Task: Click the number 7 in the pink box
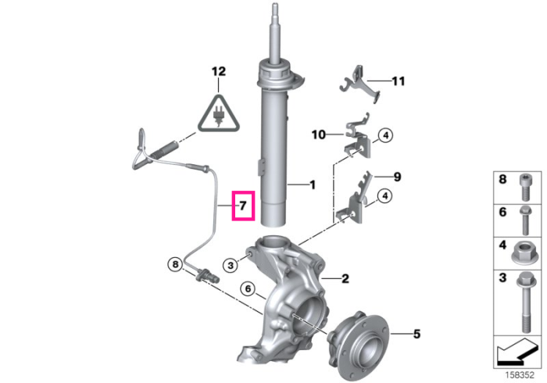pos(243,206)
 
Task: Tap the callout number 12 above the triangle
pos(219,71)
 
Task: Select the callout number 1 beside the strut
pos(313,185)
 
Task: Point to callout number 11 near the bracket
pos(399,81)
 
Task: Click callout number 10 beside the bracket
pos(319,134)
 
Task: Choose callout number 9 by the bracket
pos(397,177)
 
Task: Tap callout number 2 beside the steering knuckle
pos(345,278)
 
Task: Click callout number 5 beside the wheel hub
pos(417,335)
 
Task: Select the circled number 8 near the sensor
pos(175,264)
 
